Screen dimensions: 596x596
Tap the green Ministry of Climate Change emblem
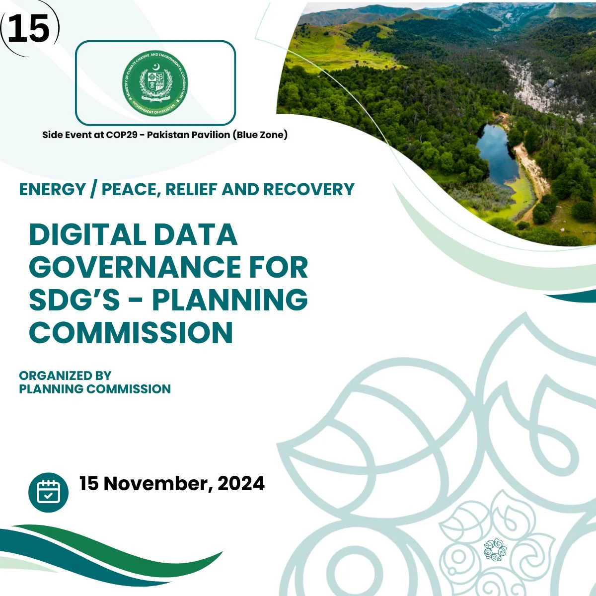click(155, 83)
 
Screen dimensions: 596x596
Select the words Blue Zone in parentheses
click(260, 135)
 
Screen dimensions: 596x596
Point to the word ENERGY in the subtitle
click(52, 189)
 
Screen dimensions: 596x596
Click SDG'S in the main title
click(74, 299)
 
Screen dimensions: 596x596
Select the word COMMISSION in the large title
click(131, 332)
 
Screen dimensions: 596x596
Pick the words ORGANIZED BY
click(65, 375)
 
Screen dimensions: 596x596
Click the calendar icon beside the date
click(48, 492)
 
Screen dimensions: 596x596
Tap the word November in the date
click(158, 483)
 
